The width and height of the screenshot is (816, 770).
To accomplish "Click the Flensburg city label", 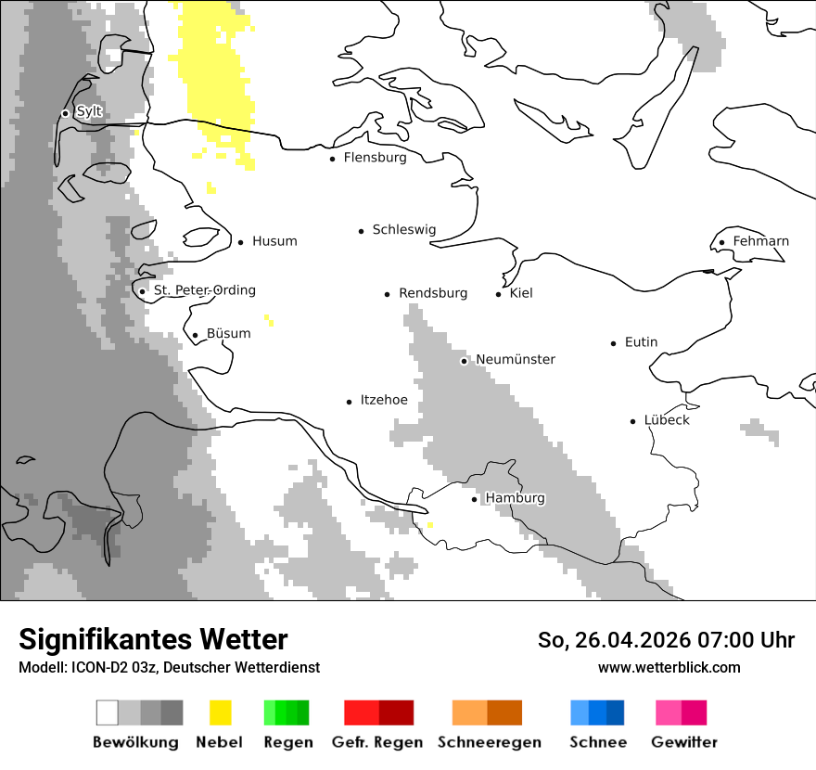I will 375,158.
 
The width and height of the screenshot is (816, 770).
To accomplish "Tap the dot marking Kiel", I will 499,294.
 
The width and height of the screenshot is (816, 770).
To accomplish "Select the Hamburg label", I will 515,498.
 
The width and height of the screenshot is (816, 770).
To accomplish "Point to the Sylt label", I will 89,111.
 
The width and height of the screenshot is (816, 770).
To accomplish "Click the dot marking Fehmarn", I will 722,243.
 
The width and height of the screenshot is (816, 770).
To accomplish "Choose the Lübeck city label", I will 667,420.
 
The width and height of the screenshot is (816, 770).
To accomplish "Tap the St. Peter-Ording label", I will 204,290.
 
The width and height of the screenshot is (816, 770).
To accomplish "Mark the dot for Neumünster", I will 465,361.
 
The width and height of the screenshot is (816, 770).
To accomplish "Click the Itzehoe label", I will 384,400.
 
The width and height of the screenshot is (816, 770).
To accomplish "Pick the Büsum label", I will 228,334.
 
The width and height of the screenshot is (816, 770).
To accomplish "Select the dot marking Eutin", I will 614,343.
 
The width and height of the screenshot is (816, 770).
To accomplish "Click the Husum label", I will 274,241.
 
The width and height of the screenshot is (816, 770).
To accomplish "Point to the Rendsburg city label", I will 433,293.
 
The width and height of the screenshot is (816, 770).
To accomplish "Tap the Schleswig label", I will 403,229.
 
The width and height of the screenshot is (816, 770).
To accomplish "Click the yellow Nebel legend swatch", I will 220,712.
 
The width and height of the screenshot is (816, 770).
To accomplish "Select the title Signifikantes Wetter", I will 153,639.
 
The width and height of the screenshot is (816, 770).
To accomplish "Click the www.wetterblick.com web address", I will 669,667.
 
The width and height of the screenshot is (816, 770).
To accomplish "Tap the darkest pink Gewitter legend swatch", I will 694,712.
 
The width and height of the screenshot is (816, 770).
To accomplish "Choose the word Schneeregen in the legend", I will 489,742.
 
